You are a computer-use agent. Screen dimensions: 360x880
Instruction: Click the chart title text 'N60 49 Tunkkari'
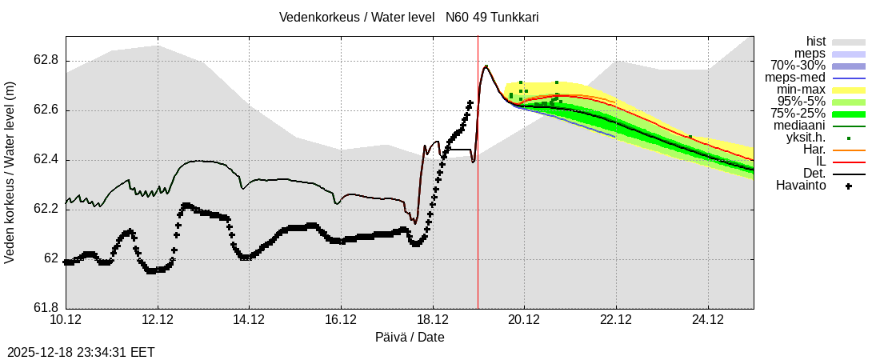point(492,17)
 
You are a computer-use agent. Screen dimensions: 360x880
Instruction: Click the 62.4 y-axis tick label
point(46,160)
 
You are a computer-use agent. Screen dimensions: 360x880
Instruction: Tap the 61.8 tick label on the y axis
point(46,308)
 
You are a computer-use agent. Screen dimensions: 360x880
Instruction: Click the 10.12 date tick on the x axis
point(66,320)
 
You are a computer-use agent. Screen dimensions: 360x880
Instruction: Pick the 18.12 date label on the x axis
point(433,320)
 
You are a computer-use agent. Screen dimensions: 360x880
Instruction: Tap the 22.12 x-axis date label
point(616,320)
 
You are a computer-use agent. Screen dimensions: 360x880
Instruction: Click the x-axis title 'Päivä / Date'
point(410,338)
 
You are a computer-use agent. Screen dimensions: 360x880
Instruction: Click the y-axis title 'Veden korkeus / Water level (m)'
point(10,172)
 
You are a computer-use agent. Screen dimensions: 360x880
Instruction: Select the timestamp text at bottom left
point(81,352)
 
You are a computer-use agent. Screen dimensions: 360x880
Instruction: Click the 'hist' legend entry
point(816,42)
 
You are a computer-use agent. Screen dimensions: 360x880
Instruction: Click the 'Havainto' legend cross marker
point(848,186)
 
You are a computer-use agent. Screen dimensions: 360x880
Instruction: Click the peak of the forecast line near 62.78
point(486,66)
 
